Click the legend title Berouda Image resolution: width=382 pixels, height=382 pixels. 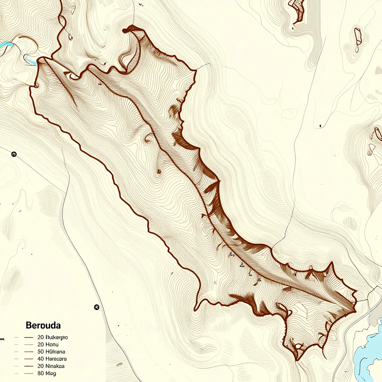pos(43,325)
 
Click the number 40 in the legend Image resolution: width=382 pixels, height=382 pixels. pos(41,358)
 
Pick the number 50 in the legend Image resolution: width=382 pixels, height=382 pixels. pos(41,351)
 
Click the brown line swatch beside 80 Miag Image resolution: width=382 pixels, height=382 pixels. pos(29,373)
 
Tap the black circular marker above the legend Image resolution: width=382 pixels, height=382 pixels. pos(97,307)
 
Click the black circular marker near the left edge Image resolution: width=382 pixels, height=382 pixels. pos(14,154)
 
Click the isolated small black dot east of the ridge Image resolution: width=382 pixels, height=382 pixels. pos(320,126)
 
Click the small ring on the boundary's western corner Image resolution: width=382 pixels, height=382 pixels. pos(36,86)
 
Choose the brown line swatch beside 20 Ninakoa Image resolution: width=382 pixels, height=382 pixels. pos(29,366)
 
